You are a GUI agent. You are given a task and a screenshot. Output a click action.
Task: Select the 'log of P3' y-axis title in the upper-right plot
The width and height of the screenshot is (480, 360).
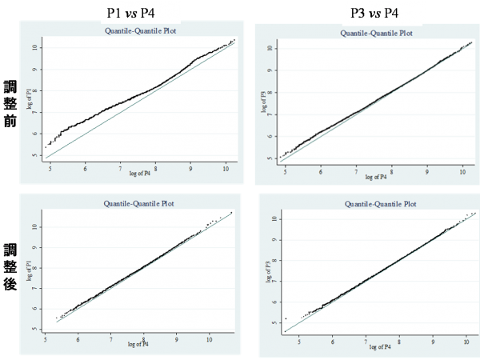click(261, 102)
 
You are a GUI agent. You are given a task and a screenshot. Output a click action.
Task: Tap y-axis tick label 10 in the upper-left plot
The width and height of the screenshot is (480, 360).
click(35, 46)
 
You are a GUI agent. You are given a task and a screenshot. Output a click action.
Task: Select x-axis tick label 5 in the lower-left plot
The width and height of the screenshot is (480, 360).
click(45, 339)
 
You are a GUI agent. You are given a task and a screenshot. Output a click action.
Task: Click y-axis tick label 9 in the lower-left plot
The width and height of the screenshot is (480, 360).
click(36, 246)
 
